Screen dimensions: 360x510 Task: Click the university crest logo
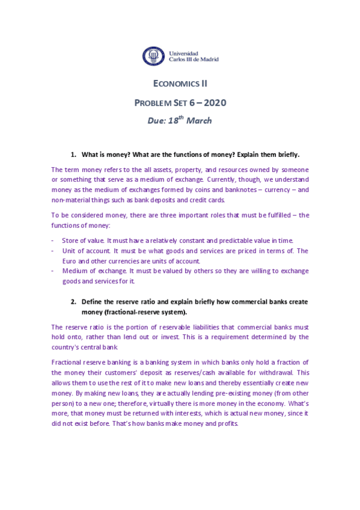tap(152, 56)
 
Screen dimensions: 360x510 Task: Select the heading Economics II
tap(180, 85)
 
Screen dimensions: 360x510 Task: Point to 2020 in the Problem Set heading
tap(211, 103)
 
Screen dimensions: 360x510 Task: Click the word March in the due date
tap(199, 121)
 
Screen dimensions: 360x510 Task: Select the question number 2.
tap(73, 301)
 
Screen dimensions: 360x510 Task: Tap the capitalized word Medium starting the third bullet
tap(74, 271)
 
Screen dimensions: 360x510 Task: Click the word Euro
tap(70, 260)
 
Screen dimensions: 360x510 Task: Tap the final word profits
tap(227, 422)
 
